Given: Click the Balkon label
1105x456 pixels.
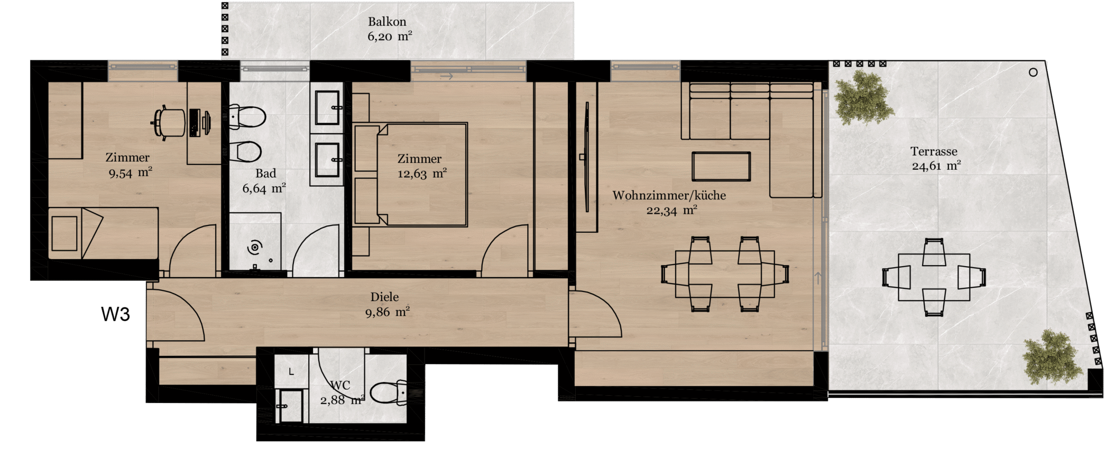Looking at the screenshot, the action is click(387, 22).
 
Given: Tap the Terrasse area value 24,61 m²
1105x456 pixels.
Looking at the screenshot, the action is click(936, 166).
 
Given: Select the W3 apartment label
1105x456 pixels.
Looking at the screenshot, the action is click(115, 314).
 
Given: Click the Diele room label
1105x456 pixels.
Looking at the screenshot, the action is click(384, 297).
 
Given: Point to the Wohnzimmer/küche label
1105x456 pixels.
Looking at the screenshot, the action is click(669, 195).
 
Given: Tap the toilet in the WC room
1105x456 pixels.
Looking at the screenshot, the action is click(389, 393).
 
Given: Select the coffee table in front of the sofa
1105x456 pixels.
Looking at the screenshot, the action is click(721, 167).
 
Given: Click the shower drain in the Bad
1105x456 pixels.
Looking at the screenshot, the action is click(255, 247).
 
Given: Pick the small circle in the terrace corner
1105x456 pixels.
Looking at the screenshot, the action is click(1033, 72).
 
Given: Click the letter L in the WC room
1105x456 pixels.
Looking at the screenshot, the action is click(291, 372).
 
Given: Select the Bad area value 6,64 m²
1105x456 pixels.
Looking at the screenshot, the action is click(264, 188).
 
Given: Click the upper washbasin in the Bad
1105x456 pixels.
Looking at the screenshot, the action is click(327, 107).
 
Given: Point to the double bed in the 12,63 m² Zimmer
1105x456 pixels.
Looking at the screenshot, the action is click(410, 175).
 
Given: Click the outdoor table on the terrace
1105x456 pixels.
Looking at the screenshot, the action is click(934, 277).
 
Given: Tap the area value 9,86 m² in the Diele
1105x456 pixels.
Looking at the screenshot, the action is click(388, 312).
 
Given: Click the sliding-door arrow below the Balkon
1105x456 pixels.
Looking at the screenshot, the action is click(447, 76).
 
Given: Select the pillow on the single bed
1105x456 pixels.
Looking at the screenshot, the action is click(65, 233).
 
